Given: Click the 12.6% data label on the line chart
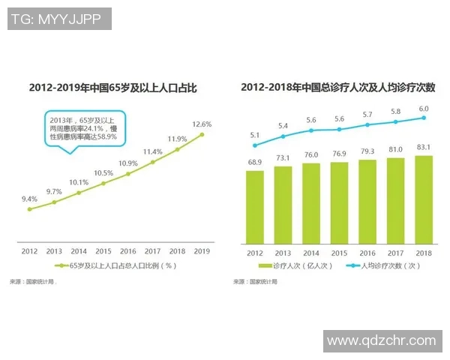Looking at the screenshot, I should [202, 124].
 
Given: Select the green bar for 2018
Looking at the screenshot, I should [424, 199].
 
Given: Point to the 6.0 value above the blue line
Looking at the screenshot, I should [424, 109].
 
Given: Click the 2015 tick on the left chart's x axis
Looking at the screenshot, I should [103, 251].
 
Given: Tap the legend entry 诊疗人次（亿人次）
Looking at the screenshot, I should [292, 266].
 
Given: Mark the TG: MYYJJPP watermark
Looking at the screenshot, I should [58, 19].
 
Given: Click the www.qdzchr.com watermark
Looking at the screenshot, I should [382, 340].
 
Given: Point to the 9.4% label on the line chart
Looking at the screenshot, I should [29, 199].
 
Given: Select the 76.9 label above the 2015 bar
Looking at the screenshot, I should [339, 154].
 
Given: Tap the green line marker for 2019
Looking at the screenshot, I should [202, 135].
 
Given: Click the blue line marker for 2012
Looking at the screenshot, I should [255, 145].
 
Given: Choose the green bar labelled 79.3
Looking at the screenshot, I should [367, 202].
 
